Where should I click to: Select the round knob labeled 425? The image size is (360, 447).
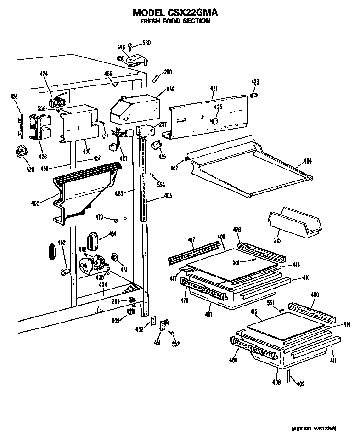pos(214,120)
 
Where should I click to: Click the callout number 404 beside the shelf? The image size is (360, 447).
pos(307,162)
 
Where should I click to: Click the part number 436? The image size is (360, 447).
pos(157,89)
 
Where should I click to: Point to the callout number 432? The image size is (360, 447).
pos(61,242)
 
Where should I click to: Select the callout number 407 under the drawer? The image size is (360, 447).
pos(209,316)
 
